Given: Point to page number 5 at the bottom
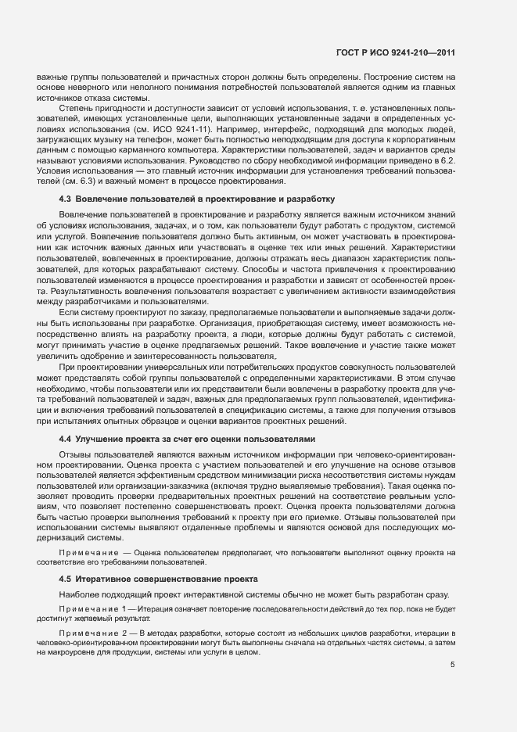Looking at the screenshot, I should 452,666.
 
